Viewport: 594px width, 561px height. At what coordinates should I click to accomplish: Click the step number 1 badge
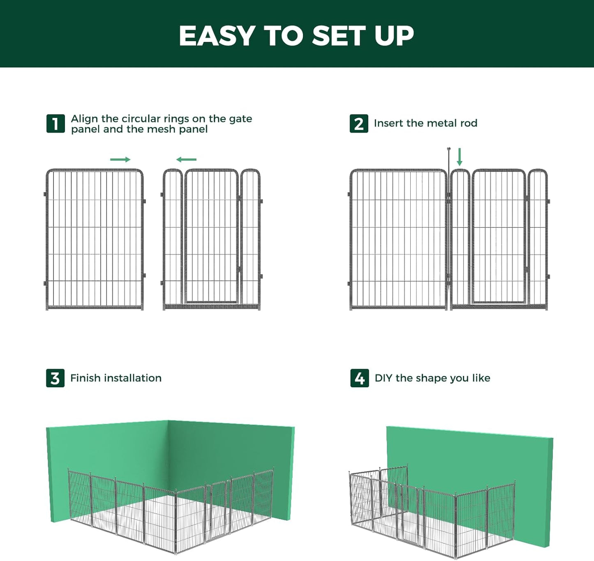(55, 124)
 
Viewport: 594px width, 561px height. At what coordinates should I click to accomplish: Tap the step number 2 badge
(359, 124)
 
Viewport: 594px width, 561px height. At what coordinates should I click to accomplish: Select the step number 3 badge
(55, 378)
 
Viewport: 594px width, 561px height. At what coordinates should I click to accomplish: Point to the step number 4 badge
(359, 378)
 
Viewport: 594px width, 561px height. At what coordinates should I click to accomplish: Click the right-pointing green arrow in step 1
(120, 159)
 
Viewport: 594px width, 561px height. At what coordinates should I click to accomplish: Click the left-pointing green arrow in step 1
(186, 159)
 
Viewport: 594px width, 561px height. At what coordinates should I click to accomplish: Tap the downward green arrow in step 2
(460, 157)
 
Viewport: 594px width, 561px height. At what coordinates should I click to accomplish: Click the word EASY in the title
(217, 36)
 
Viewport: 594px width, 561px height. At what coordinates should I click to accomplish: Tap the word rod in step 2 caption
(469, 123)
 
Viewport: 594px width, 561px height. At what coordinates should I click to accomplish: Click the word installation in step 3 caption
(133, 378)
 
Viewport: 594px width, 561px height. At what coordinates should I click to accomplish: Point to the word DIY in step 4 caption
(383, 378)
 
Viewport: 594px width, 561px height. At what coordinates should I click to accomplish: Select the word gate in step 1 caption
(240, 119)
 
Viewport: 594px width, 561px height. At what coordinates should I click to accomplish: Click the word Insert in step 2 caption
(388, 123)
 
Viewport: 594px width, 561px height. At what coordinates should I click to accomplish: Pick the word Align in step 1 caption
(84, 119)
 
